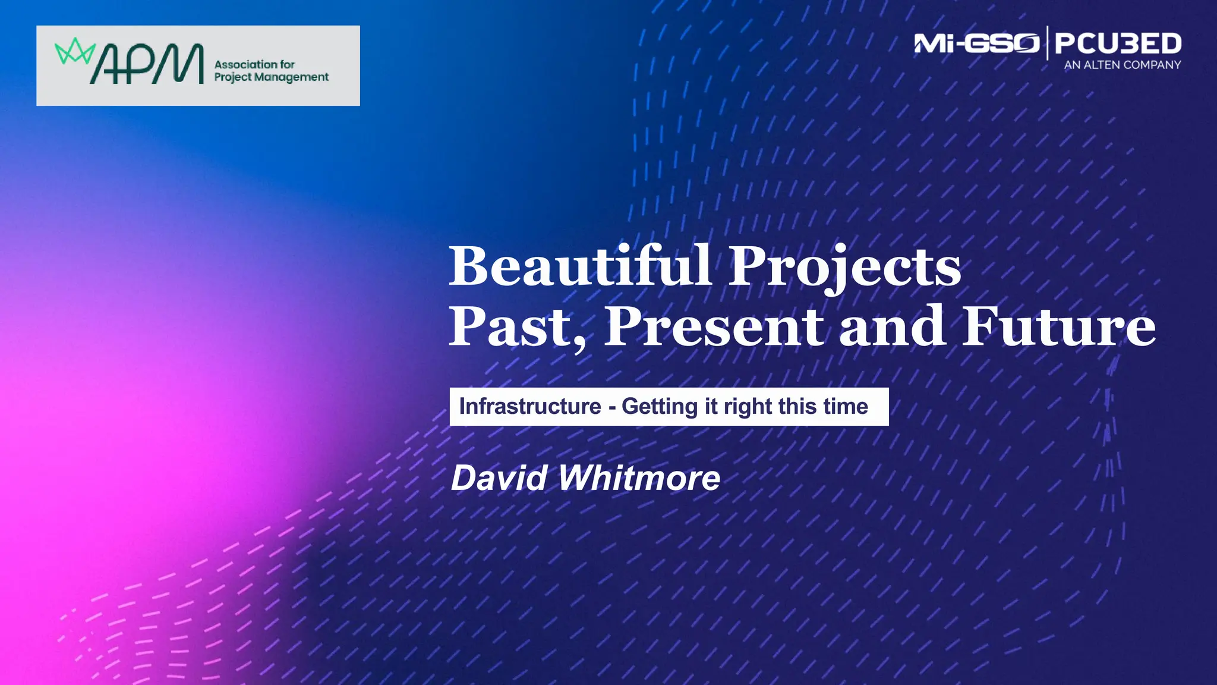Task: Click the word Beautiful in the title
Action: [x=579, y=266]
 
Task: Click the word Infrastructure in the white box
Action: [x=530, y=407]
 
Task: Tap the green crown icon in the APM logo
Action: [x=75, y=52]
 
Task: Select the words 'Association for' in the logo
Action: [x=254, y=64]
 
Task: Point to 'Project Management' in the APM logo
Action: [x=271, y=77]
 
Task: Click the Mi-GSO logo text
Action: [x=976, y=43]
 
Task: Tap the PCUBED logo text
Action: [x=1118, y=43]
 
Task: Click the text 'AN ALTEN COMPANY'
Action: [x=1122, y=65]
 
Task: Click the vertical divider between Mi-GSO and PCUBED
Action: [x=1047, y=43]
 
